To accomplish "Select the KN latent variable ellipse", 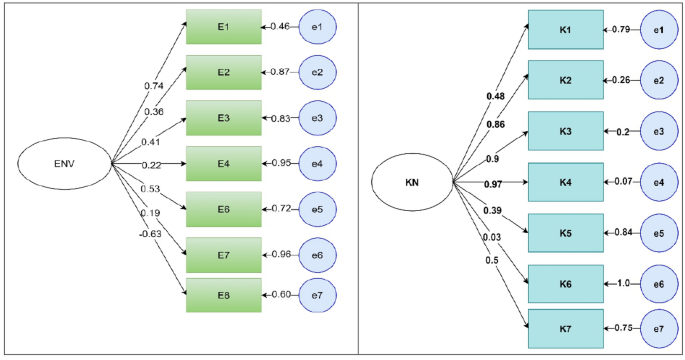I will (x=411, y=183).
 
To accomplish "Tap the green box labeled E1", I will (x=224, y=27).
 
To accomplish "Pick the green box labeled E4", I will (x=224, y=163).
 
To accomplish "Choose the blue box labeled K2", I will (x=566, y=80).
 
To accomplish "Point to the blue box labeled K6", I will (x=566, y=284).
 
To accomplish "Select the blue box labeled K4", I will (x=566, y=182).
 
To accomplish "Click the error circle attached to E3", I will (x=317, y=119).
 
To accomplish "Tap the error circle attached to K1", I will (x=659, y=30).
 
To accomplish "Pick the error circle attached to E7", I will (x=317, y=254).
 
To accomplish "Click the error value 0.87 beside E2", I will (x=279, y=73).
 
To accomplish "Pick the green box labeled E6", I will (x=224, y=207).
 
